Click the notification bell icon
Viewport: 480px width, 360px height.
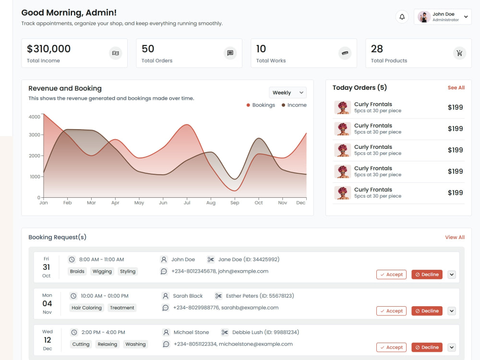point(402,17)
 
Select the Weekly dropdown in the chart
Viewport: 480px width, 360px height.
point(288,93)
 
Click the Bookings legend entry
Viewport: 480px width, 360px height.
point(261,105)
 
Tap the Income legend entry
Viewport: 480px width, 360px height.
point(294,105)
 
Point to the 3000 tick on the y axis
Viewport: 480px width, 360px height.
point(35,135)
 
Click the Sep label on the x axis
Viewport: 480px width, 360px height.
point(235,203)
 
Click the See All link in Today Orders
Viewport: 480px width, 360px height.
point(456,88)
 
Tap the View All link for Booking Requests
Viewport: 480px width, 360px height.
point(455,237)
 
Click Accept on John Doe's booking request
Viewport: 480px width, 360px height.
point(391,275)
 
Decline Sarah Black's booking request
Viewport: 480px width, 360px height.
point(427,311)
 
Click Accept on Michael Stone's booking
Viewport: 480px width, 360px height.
point(391,348)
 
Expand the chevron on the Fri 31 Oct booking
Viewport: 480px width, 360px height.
point(452,275)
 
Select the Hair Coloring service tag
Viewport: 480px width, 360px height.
point(86,308)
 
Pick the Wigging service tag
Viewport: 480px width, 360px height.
point(102,271)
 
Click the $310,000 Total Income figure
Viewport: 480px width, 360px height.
point(48,48)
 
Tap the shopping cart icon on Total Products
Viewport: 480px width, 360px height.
point(459,53)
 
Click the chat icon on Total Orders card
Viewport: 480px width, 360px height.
point(230,53)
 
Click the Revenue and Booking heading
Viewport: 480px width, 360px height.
point(65,88)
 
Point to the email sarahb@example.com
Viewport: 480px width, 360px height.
point(250,308)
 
